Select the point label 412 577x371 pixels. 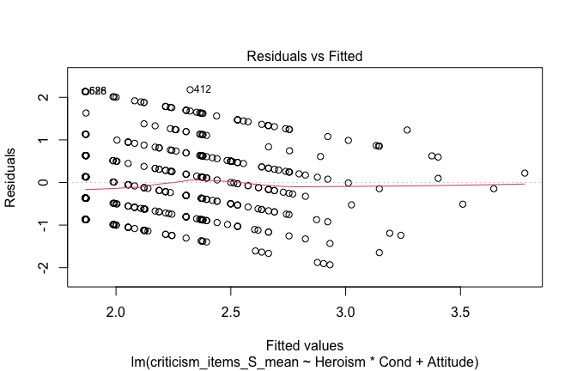203,88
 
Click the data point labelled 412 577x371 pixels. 190,89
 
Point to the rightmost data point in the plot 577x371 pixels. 525,173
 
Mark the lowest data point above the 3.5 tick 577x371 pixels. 463,204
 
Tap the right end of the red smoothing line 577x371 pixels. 525,184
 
